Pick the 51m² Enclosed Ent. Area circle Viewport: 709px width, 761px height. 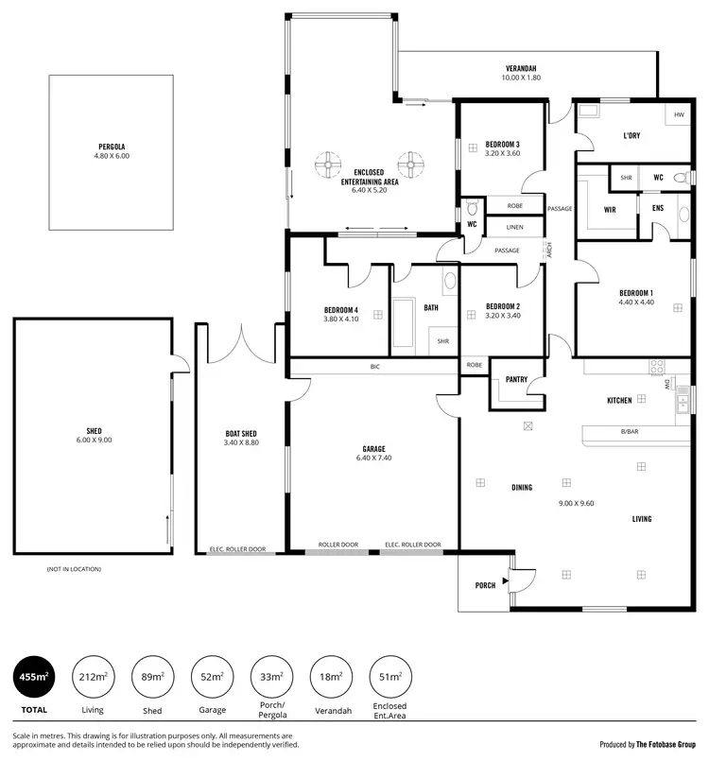click(389, 678)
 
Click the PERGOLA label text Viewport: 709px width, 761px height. click(112, 147)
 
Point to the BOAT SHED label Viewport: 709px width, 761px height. click(240, 434)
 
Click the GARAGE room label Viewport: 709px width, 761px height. click(373, 449)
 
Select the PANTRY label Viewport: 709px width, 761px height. click(515, 380)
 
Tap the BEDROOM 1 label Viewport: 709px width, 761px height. click(636, 292)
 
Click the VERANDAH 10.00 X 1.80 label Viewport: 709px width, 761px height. click(521, 69)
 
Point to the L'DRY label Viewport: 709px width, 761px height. click(631, 135)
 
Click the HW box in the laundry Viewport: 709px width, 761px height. click(678, 115)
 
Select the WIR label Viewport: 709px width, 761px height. click(610, 210)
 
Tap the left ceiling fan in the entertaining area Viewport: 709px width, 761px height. click(329, 165)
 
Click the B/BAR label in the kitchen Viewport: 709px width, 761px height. click(629, 433)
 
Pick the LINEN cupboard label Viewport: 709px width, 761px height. click(514, 227)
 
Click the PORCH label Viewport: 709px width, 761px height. click(484, 585)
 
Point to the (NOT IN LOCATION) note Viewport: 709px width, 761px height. click(74, 569)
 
